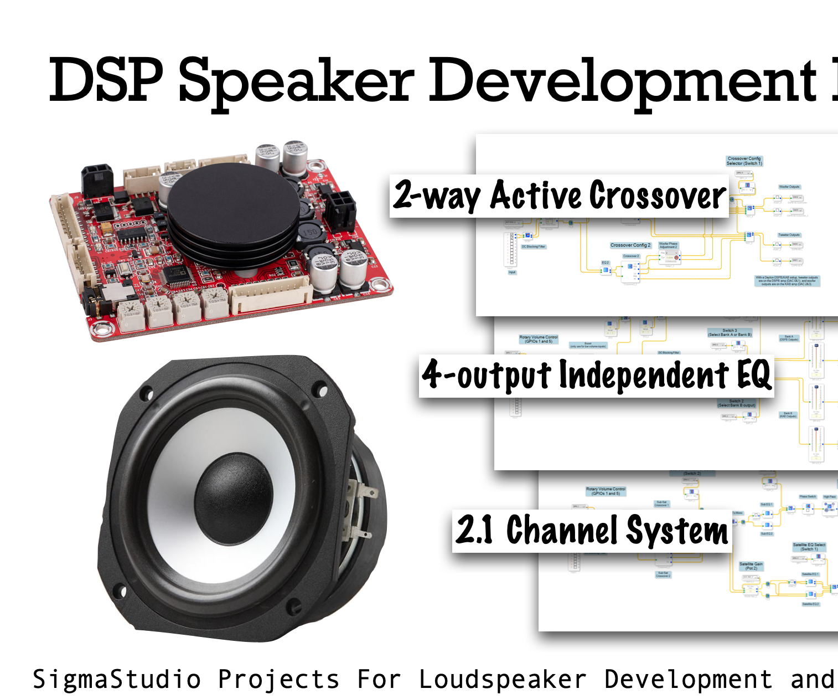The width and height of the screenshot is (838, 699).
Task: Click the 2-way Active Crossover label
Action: pos(559,196)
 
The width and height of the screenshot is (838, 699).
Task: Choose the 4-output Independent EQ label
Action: pos(596,376)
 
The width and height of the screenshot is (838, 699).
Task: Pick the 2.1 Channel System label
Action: pos(592,531)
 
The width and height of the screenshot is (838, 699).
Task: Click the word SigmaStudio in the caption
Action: pos(116,680)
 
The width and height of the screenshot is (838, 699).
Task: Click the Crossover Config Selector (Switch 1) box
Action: pos(744,161)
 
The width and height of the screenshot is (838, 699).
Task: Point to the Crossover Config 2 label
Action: pos(630,245)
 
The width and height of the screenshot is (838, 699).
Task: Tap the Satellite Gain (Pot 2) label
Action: pos(751,566)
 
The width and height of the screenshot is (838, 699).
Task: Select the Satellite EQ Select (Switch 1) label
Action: pos(809,547)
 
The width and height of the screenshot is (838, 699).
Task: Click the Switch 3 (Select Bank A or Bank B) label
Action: pos(730,332)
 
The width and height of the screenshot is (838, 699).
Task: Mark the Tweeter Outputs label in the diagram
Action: pos(789,235)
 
